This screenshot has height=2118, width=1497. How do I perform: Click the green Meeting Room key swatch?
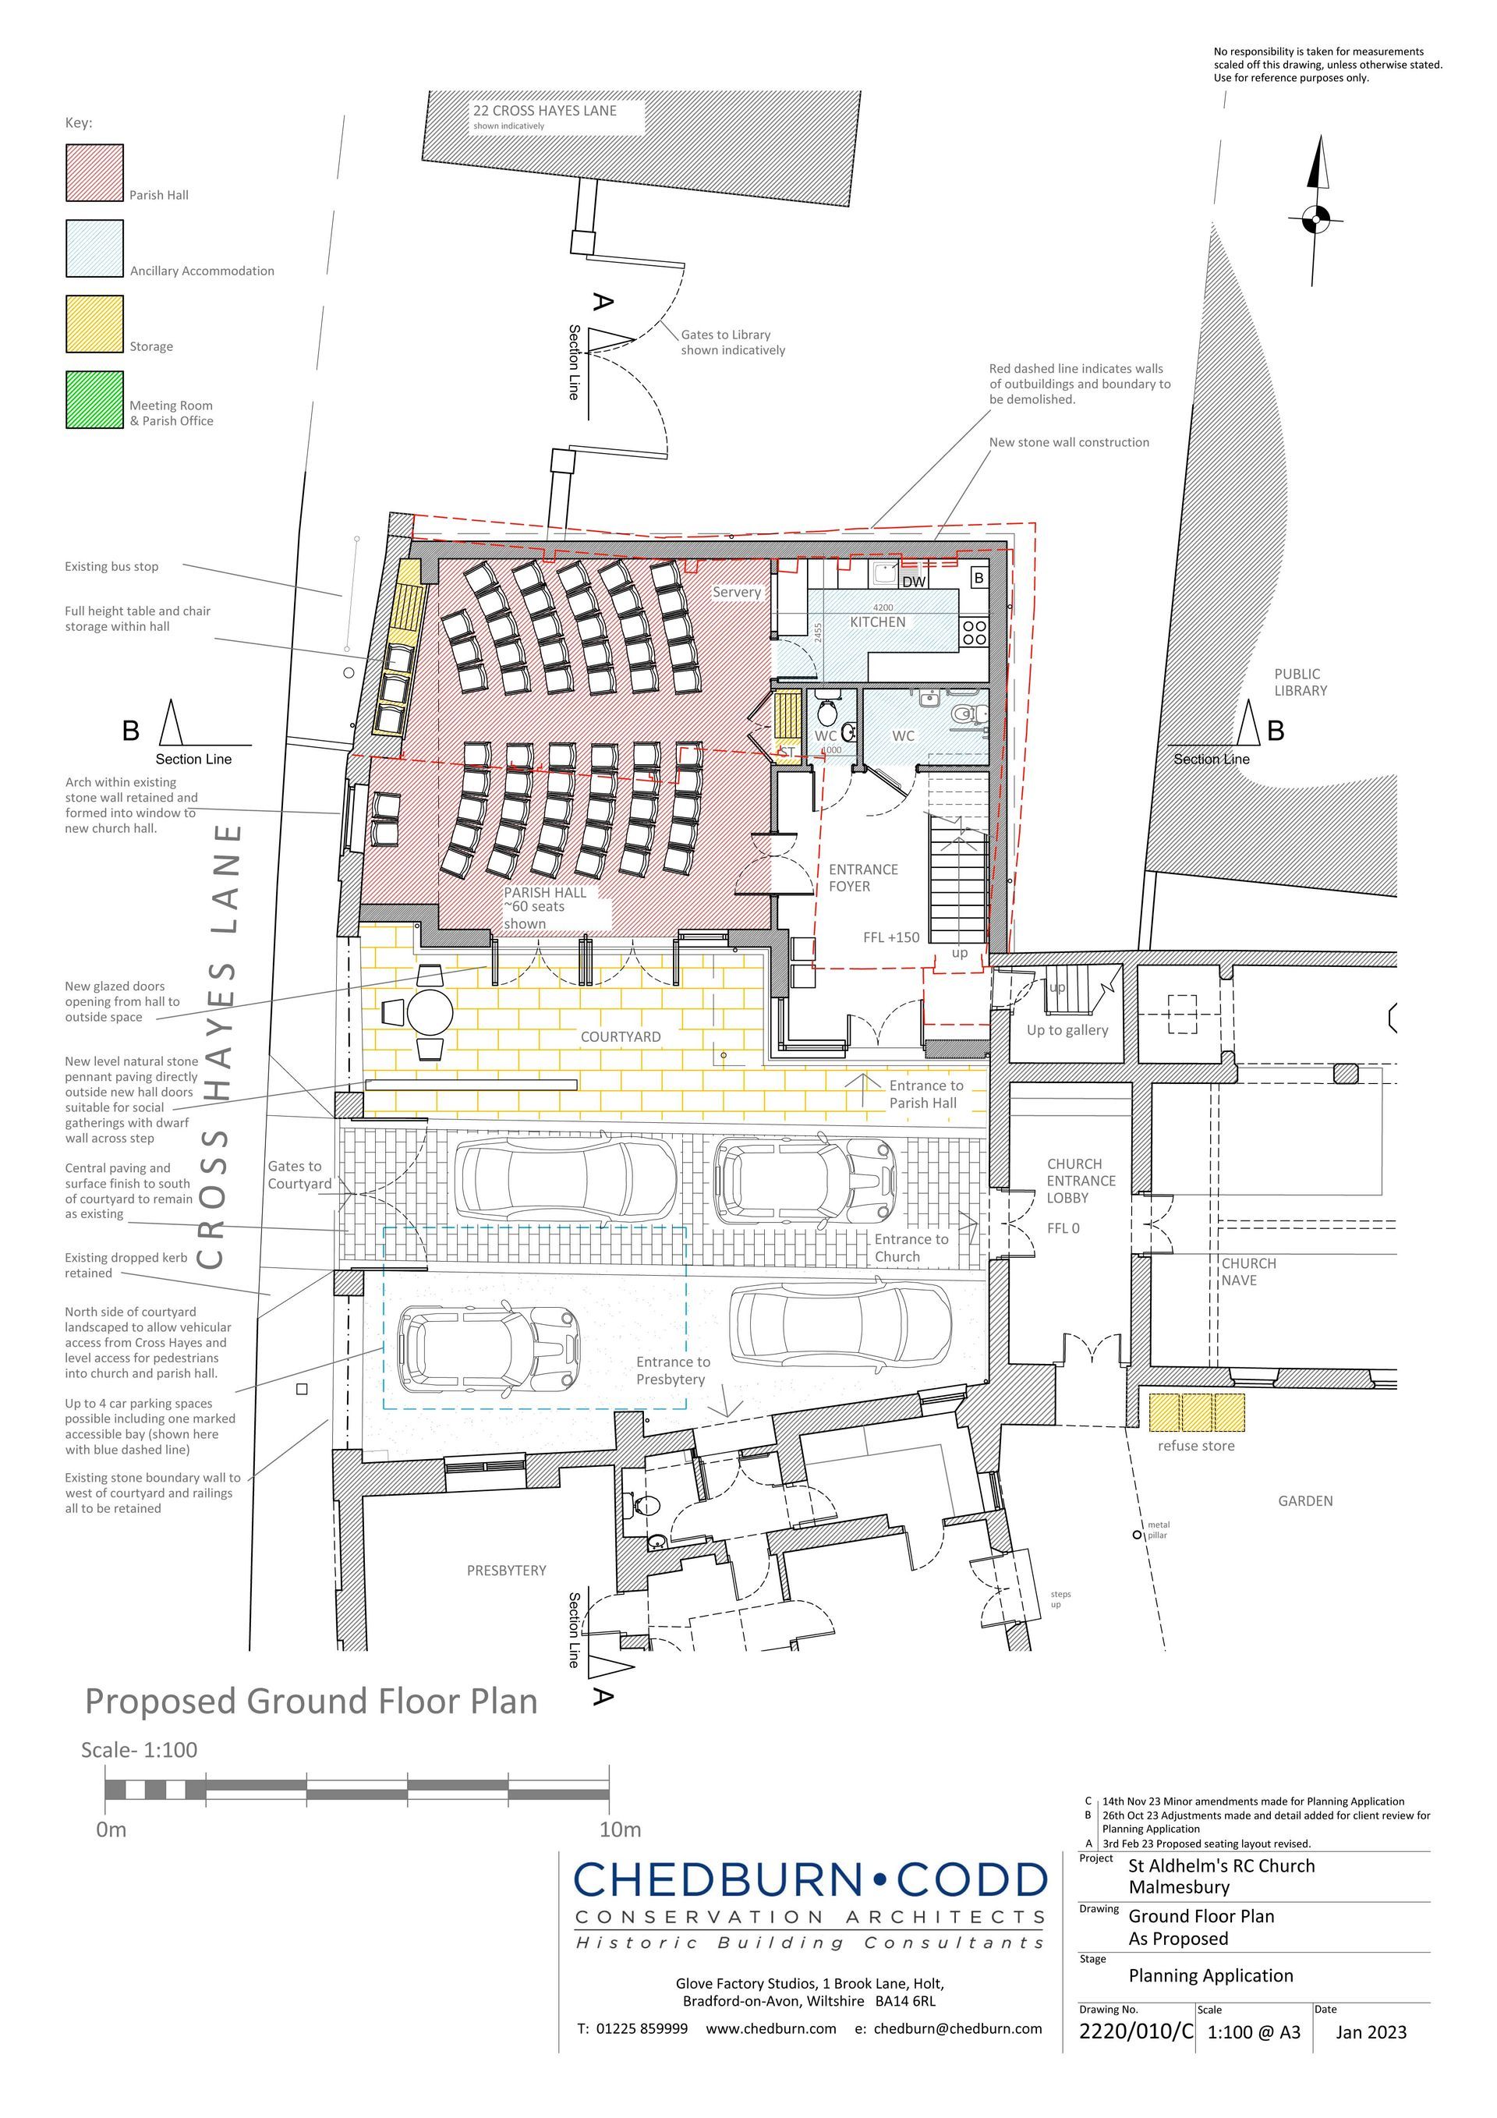click(x=94, y=399)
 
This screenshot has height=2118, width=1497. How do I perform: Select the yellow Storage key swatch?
click(x=94, y=324)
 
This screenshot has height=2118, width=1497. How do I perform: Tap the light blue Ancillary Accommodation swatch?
click(x=94, y=248)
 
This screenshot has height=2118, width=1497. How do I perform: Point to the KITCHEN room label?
click(x=877, y=622)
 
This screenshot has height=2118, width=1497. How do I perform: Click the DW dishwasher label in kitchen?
click(x=913, y=582)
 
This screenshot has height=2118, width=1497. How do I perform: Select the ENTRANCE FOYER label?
click(x=862, y=877)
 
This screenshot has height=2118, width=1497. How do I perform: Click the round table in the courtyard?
click(x=429, y=1012)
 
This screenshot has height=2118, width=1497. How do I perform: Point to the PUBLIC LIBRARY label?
click(x=1301, y=682)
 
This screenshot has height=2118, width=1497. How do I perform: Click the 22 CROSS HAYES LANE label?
click(x=544, y=111)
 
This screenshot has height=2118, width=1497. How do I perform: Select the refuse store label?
click(x=1195, y=1446)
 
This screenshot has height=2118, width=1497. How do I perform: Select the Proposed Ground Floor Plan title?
click(x=311, y=1701)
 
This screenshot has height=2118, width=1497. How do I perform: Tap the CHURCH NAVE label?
click(x=1249, y=1271)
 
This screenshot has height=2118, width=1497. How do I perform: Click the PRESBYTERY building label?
click(x=506, y=1570)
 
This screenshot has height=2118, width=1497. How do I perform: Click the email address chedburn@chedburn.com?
click(x=957, y=2028)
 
